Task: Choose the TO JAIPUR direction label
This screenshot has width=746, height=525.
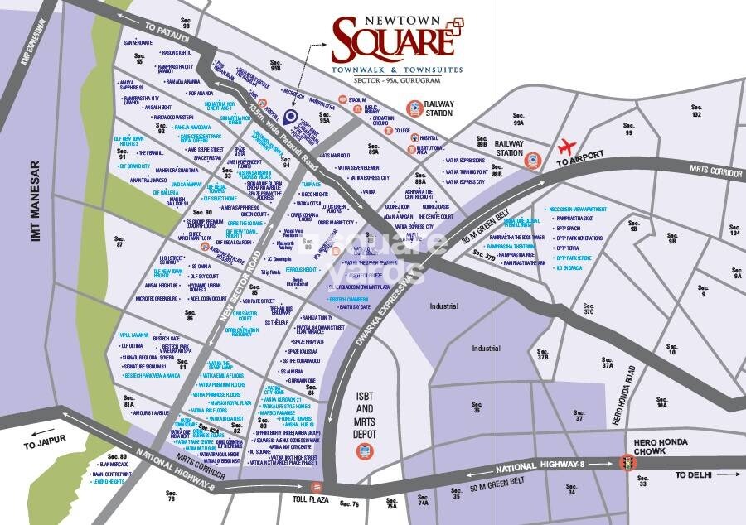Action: tap(42, 446)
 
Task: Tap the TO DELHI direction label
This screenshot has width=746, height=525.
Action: tap(694, 474)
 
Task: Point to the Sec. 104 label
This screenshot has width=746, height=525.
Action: tap(734, 229)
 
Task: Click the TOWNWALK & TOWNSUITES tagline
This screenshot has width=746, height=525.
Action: tap(397, 71)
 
